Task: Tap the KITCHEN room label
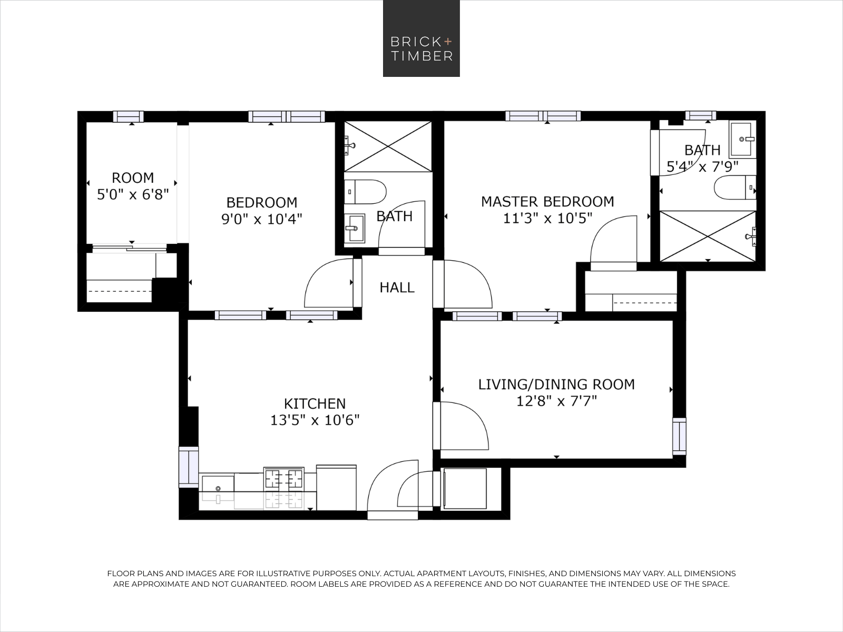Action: point(315,403)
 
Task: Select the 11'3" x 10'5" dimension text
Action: point(547,218)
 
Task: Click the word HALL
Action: point(397,288)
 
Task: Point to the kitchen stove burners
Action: point(283,479)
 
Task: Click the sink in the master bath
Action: point(743,139)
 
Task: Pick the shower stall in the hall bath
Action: point(388,146)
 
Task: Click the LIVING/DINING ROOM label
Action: point(556,384)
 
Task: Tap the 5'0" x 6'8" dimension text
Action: point(133,195)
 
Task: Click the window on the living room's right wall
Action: point(679,436)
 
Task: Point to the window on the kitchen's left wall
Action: point(188,466)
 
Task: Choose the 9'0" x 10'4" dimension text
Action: point(261,219)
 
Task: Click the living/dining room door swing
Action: point(463,427)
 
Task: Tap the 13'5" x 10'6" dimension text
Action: point(315,420)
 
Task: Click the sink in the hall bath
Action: point(355,228)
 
